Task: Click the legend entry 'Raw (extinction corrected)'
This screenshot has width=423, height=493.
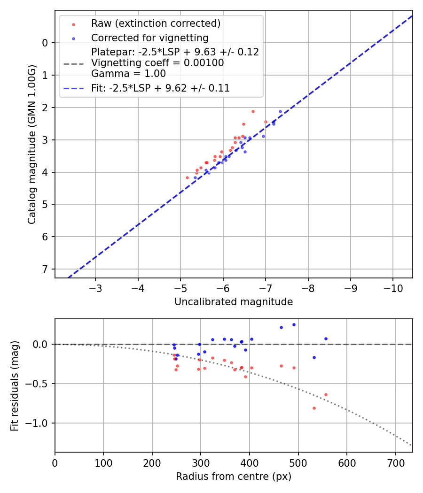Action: point(156,23)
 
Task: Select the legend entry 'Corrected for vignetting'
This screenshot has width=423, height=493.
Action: point(149,38)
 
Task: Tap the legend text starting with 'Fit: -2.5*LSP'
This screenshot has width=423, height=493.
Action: point(160,88)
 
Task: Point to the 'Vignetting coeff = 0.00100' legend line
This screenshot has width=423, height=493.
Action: point(157,63)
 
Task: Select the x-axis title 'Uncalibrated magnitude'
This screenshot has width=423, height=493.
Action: point(234,302)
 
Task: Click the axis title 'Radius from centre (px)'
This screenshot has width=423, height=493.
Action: point(234,477)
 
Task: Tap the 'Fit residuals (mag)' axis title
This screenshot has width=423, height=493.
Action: point(15,385)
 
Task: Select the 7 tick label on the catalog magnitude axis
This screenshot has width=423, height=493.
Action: point(46,269)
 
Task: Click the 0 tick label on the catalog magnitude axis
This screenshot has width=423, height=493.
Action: point(46,43)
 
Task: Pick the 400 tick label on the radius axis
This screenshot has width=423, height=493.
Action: point(249,462)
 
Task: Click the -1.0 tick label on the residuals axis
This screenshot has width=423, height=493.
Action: point(39,423)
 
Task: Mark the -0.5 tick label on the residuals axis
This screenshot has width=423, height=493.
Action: point(39,384)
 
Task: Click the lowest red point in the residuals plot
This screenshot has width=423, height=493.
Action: point(314,408)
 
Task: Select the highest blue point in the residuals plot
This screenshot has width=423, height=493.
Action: point(294,324)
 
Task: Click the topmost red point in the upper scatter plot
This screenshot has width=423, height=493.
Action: point(253,111)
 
